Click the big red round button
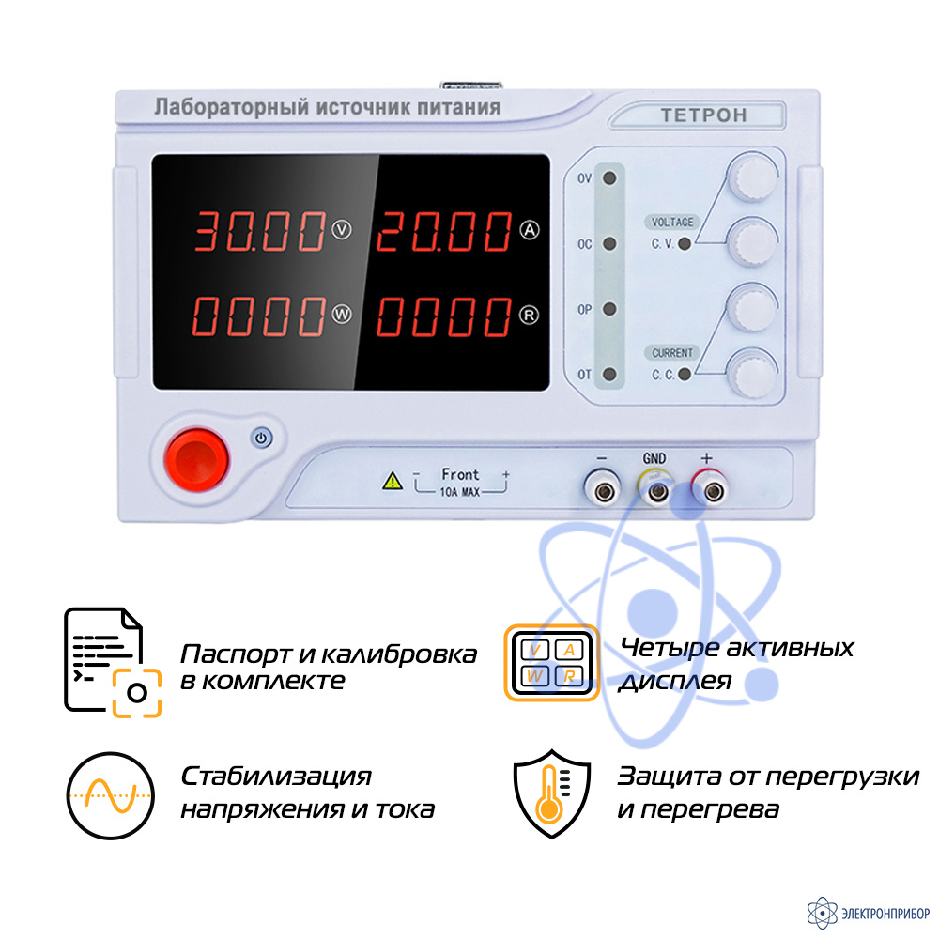coord(196,459)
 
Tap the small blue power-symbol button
coord(261,438)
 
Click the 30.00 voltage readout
coord(259,231)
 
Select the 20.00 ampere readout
coord(444,231)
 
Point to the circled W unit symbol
coord(342,315)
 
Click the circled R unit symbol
coord(529,315)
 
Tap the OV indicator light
coord(609,177)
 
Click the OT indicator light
coord(609,375)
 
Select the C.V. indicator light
coord(685,244)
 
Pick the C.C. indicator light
coord(685,375)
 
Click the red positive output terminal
coord(712,490)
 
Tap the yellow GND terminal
coord(657,490)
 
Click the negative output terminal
coord(603,490)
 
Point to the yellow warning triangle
coord(393,481)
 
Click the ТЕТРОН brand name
coord(703,115)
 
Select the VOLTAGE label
coord(672,223)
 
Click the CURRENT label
coord(672,353)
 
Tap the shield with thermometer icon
coord(551,793)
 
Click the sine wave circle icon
coord(110,795)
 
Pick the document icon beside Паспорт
coord(112,661)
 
